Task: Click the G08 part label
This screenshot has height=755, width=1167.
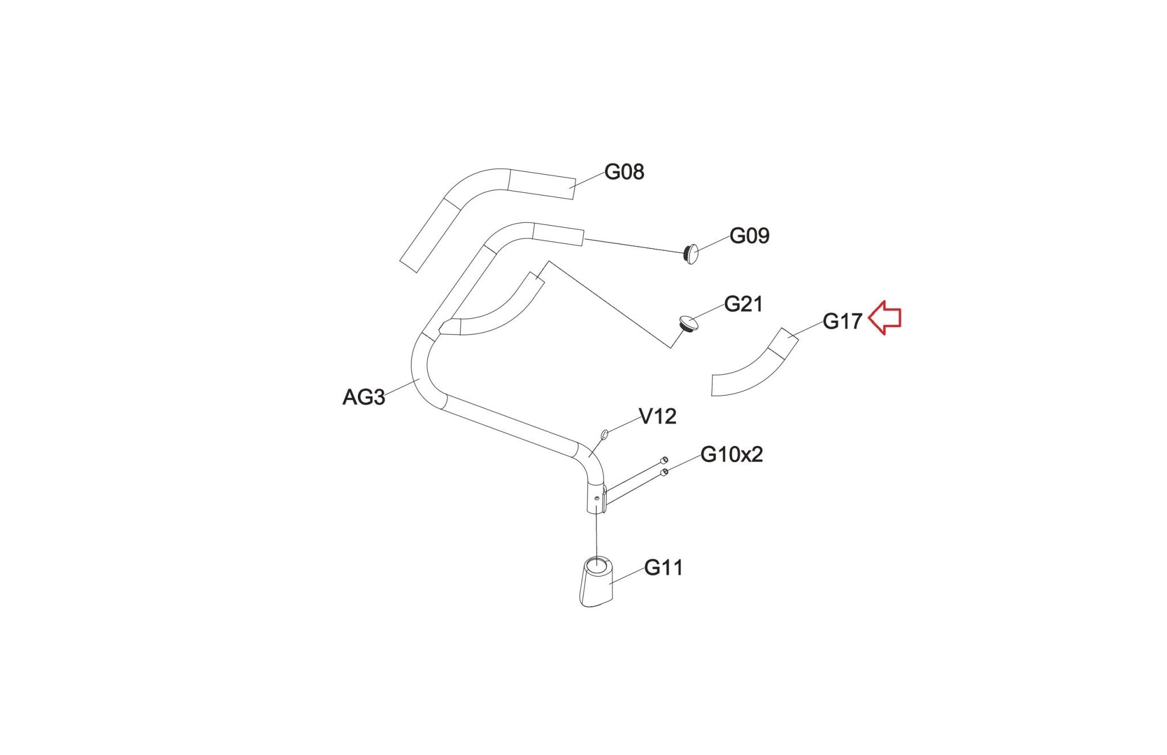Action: [x=624, y=172]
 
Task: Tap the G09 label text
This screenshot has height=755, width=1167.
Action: [x=749, y=236]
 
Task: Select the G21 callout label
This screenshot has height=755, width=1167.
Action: [x=743, y=304]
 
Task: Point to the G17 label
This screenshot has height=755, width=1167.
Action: [x=842, y=322]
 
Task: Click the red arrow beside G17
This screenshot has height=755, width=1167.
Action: [x=885, y=318]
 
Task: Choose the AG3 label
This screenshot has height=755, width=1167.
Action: [x=364, y=397]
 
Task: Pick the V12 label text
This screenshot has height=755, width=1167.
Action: [x=658, y=417]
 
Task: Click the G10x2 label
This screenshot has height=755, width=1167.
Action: [x=731, y=455]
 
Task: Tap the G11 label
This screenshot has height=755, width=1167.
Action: [x=663, y=568]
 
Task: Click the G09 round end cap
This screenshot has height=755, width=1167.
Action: [x=691, y=254]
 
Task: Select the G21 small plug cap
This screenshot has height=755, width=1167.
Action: [x=688, y=324]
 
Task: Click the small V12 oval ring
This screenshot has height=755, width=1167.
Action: [x=605, y=436]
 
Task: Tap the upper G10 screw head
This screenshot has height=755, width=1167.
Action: [x=664, y=460]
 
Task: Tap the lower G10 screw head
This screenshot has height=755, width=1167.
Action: [x=664, y=472]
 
